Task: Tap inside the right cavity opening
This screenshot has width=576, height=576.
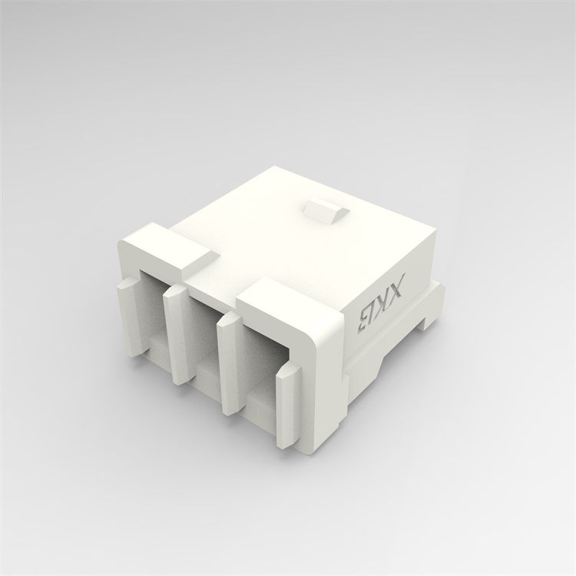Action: point(261,369)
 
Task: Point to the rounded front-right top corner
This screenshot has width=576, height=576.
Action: point(326,319)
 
